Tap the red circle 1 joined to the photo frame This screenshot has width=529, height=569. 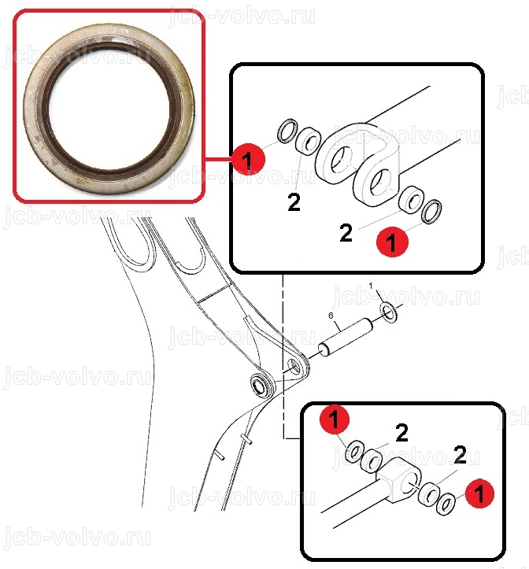pos(249,159)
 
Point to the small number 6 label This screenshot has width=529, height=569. pos(331,316)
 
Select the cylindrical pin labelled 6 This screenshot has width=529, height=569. pos(346,337)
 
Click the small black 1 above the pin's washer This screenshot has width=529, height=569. pos(371,286)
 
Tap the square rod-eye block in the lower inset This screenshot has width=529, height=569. pos(398,479)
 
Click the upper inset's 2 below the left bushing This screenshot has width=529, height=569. pos(294,202)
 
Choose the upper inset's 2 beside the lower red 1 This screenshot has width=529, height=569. pos(346,233)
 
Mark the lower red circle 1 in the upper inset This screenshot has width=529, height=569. pos(392,242)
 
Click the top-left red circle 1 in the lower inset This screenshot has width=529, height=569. pos(335,419)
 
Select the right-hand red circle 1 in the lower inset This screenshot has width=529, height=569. pos(479,493)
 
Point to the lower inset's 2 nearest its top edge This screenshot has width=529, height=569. pos(401,433)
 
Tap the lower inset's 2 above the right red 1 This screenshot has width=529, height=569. pos(460,455)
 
